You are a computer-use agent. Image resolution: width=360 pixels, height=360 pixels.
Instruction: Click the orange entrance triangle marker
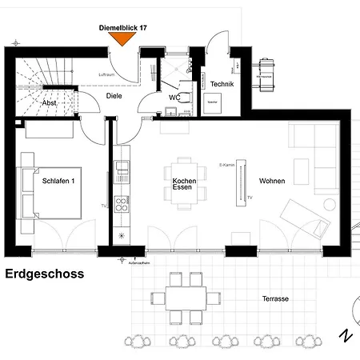(122, 38)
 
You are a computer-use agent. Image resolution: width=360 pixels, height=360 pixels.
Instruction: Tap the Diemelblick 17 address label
(122, 27)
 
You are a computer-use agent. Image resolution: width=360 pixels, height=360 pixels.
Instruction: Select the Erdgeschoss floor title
(44, 274)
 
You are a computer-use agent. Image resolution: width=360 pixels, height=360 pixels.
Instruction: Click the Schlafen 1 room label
(58, 182)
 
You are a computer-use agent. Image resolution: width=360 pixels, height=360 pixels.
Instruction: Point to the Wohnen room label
(272, 182)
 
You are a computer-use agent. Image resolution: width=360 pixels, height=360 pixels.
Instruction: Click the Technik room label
(222, 84)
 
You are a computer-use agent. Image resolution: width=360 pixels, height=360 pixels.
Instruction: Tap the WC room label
(174, 98)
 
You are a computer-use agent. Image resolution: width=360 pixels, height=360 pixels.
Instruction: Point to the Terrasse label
(275, 298)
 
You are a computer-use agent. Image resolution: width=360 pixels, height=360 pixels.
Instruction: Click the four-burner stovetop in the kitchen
(122, 204)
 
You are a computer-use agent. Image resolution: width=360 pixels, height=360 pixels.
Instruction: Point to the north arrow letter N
(344, 334)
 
